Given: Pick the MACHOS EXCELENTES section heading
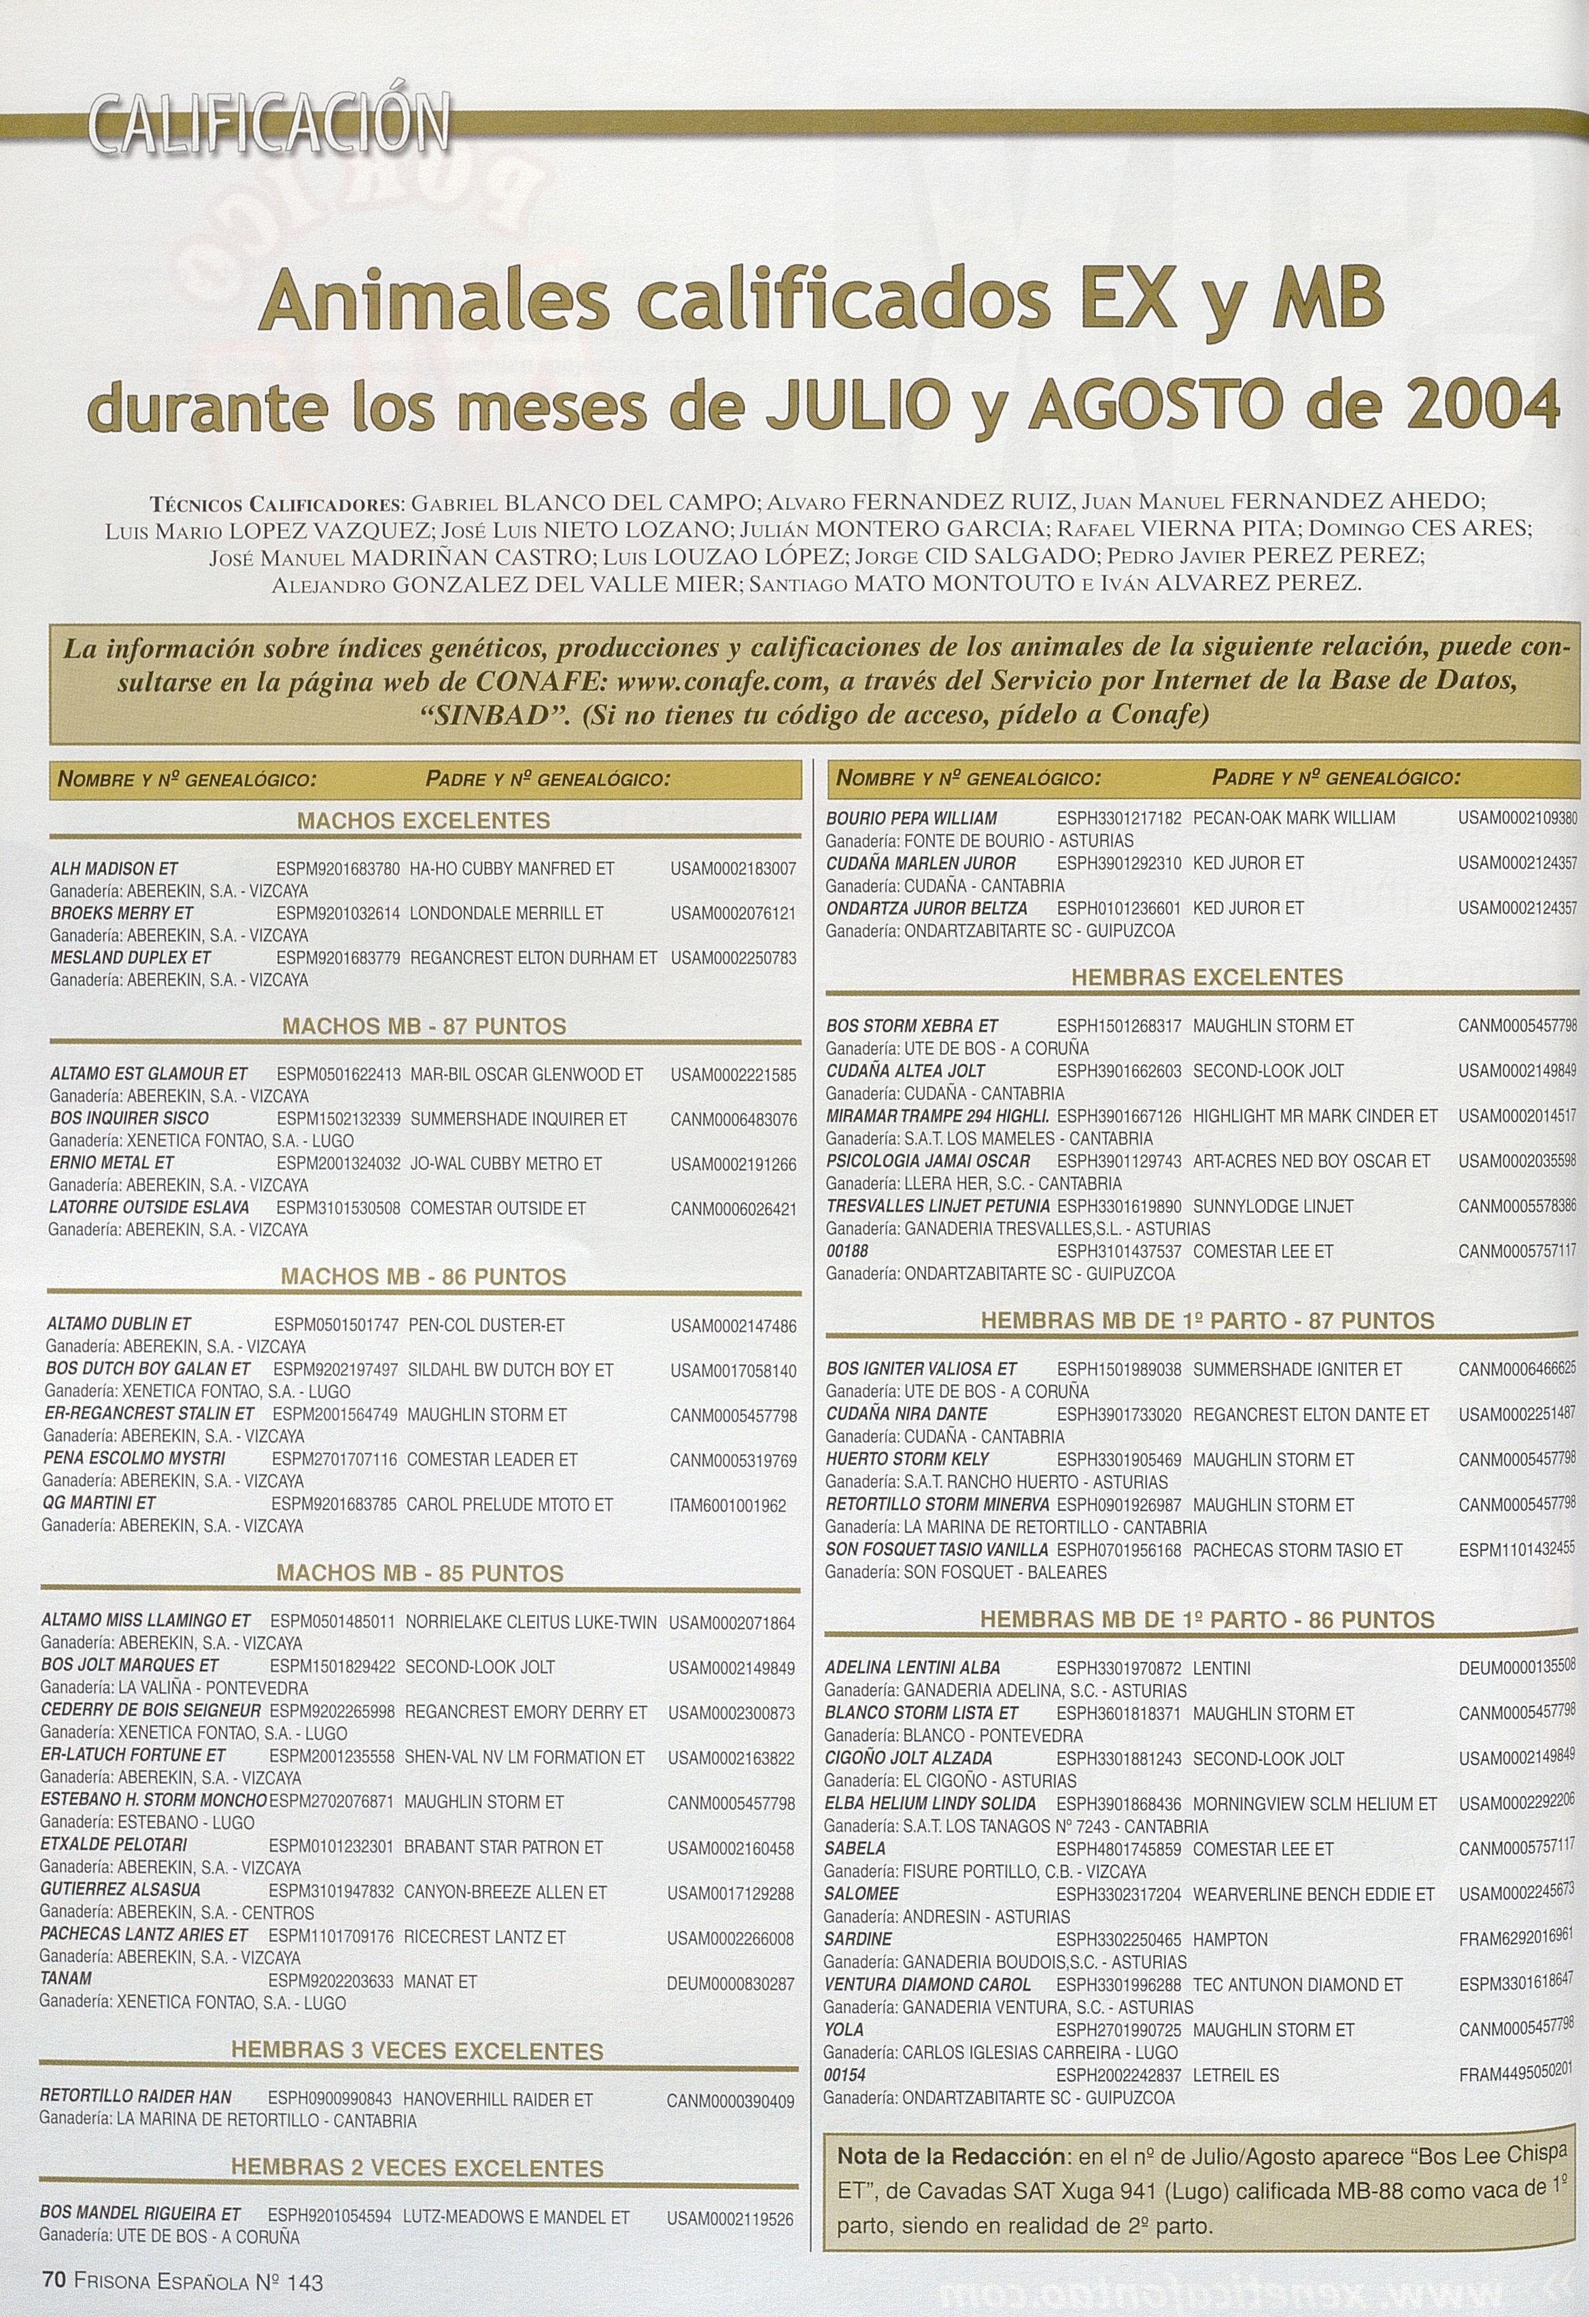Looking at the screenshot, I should pos(424,821).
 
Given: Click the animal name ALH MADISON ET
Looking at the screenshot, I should pos(114,868).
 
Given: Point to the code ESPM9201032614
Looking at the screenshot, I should pos(338,913).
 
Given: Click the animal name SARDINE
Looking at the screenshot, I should pos(858,1939).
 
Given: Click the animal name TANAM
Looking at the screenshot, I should pos(67,1978).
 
